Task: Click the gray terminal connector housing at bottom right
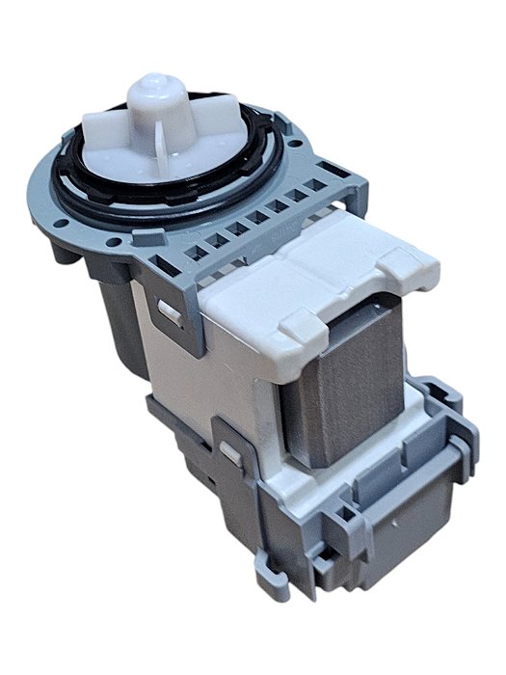point(390,521)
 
